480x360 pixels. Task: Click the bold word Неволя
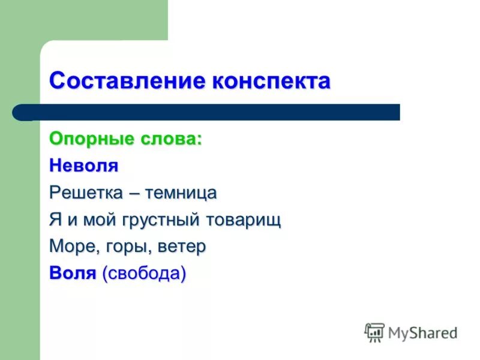click(x=83, y=166)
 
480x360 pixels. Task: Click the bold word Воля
click(x=73, y=274)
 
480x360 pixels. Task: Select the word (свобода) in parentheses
click(x=144, y=274)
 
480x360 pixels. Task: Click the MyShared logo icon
click(x=374, y=332)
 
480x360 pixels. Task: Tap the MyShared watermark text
click(x=422, y=332)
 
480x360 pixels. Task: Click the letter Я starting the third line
click(x=55, y=220)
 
